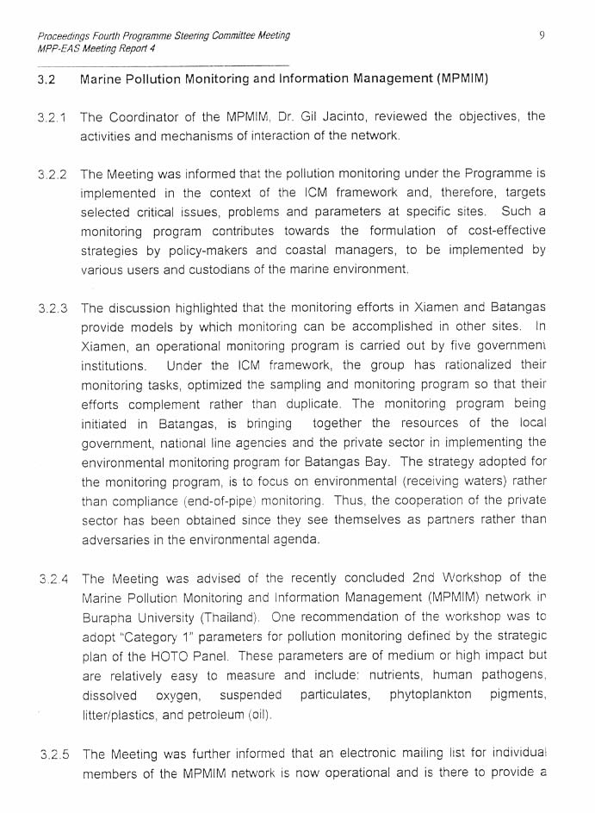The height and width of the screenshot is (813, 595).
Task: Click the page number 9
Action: [542, 35]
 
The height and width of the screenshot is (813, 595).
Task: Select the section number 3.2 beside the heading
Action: [46, 79]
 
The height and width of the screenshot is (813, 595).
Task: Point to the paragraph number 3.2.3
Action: [53, 308]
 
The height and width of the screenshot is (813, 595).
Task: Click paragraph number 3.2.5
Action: [54, 754]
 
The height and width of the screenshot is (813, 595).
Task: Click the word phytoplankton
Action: [430, 694]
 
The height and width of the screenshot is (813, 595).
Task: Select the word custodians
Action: [224, 270]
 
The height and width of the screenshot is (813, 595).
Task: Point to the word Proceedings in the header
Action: [65, 35]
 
